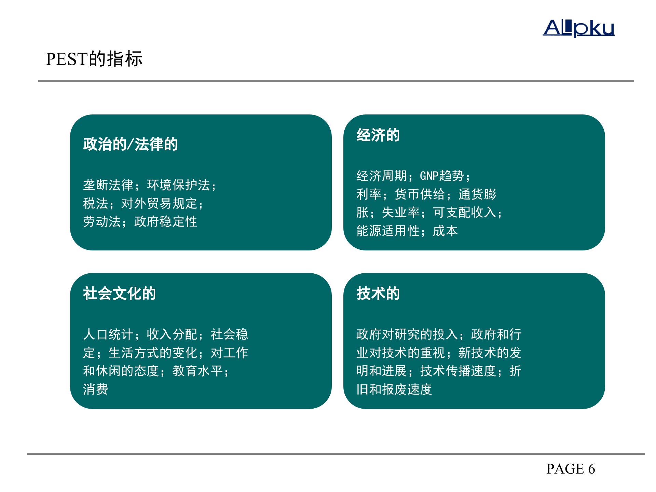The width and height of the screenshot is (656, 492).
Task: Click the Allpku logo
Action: click(x=579, y=28)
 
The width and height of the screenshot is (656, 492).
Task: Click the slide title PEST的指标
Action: click(x=94, y=59)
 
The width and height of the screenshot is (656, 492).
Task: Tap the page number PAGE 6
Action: click(x=570, y=469)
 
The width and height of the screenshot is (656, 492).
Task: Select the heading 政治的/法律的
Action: click(x=130, y=144)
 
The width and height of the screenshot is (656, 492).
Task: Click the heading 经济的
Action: click(x=378, y=135)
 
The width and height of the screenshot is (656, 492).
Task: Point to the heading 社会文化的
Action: click(x=119, y=293)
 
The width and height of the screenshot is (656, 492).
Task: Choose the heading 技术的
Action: click(x=378, y=293)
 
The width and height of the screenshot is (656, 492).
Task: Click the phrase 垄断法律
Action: click(x=108, y=185)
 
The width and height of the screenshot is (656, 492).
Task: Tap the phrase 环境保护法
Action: click(x=178, y=185)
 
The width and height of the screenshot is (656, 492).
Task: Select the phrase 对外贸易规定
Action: click(x=159, y=204)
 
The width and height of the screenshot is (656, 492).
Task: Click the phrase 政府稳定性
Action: click(x=165, y=222)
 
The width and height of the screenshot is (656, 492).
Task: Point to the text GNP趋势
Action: click(x=441, y=176)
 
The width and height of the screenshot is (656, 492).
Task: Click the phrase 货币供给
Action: click(x=420, y=194)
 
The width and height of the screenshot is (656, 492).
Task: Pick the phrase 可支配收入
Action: click(x=464, y=213)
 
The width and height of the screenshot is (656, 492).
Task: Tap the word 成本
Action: click(x=445, y=231)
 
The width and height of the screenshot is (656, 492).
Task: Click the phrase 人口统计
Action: click(x=108, y=334)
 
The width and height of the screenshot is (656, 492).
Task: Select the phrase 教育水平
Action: click(x=197, y=371)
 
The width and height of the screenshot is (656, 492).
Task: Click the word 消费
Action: click(x=96, y=389)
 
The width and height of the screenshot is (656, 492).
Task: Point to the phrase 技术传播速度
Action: click(x=458, y=371)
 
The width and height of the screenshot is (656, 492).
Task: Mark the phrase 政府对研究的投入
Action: click(x=407, y=334)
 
